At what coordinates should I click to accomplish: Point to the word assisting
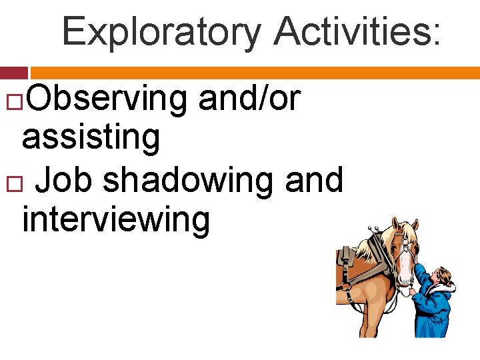[91, 137]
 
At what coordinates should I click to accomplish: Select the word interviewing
[116, 219]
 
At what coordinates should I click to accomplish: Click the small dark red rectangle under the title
[13, 73]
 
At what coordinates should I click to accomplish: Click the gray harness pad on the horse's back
[346, 259]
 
